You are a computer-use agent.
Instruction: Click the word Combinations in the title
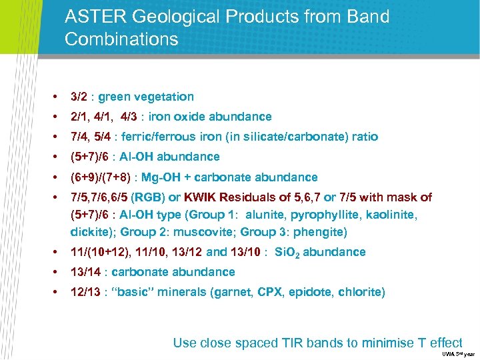click(x=122, y=39)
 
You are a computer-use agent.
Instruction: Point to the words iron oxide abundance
click(x=210, y=117)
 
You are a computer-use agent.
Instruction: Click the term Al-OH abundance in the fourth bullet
click(x=176, y=157)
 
